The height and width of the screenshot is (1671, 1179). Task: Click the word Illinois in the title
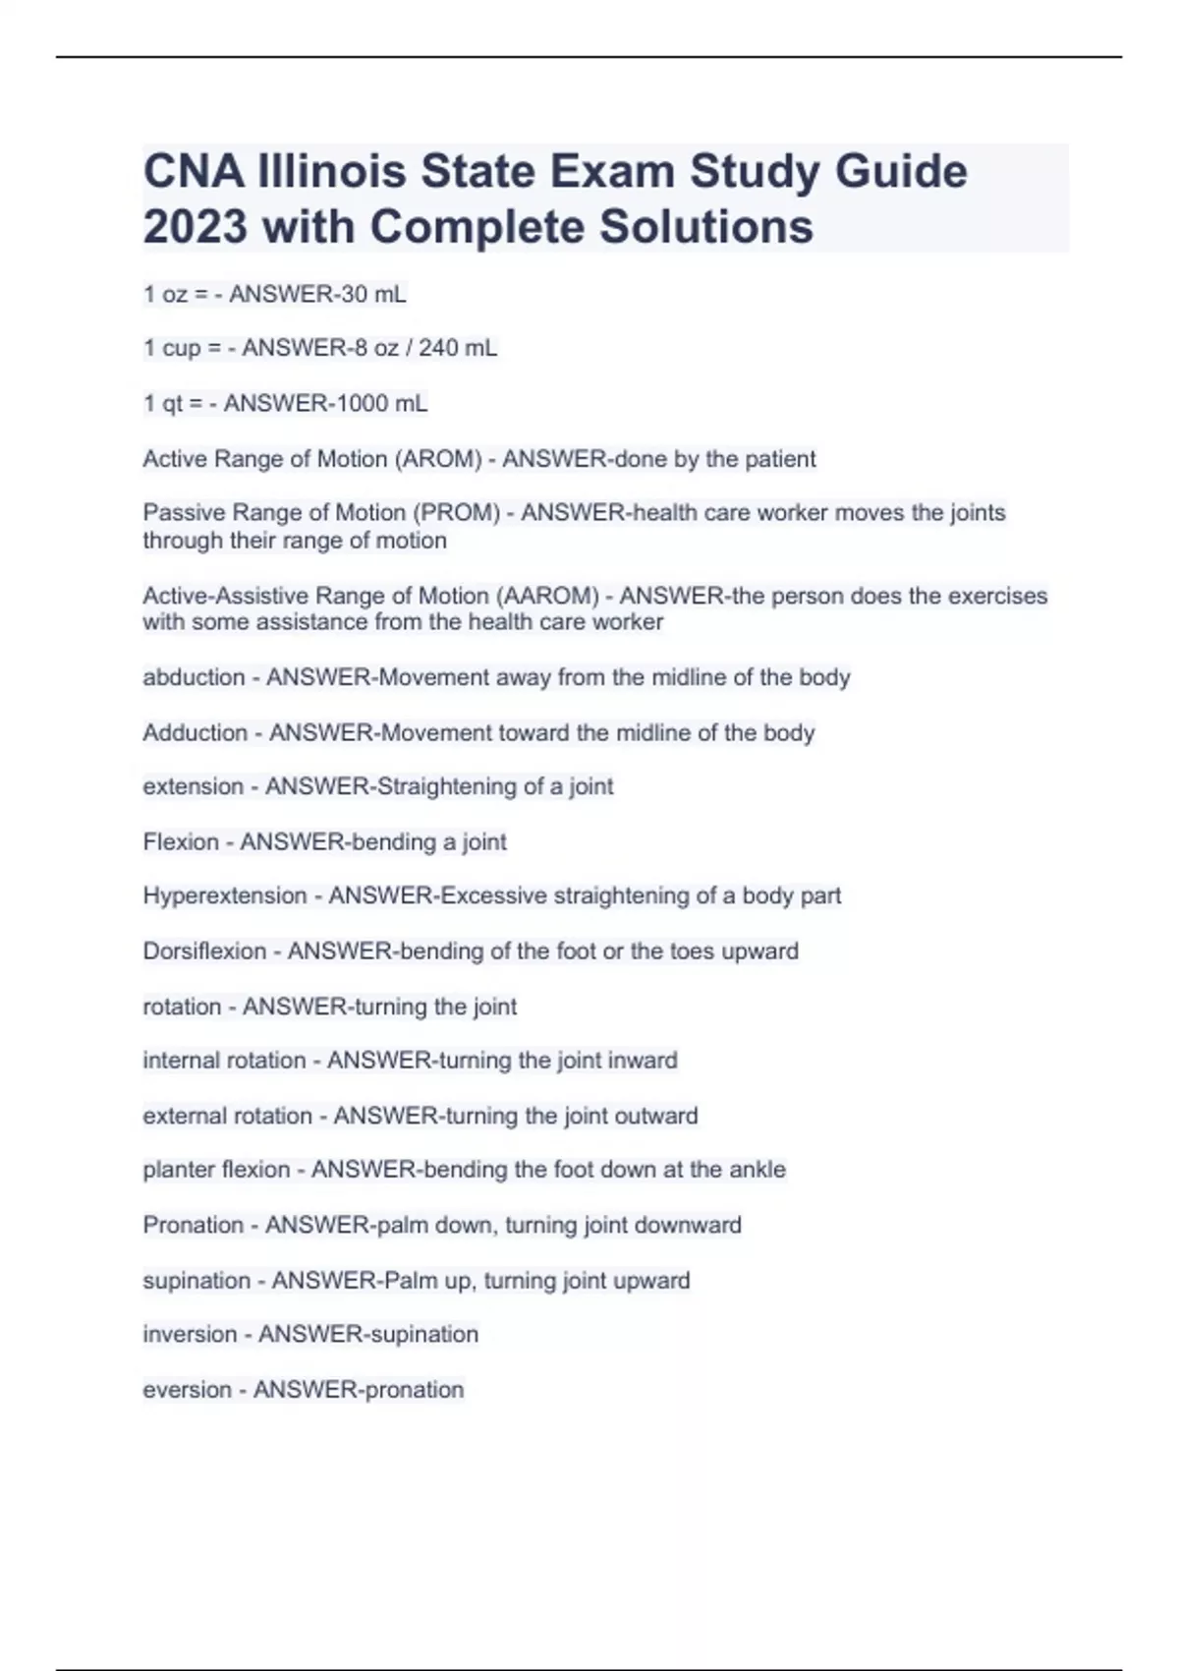(x=331, y=171)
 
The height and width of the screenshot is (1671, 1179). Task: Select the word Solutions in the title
(x=706, y=226)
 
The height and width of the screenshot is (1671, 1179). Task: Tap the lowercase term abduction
(x=194, y=677)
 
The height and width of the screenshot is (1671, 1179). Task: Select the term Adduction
(x=196, y=732)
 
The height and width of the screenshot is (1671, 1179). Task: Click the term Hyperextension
(x=225, y=895)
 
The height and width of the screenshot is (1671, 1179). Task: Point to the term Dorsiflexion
(x=204, y=951)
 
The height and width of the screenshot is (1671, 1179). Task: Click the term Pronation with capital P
(x=193, y=1225)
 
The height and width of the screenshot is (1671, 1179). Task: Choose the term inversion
(x=190, y=1334)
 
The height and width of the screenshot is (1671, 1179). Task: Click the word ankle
(x=758, y=1170)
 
